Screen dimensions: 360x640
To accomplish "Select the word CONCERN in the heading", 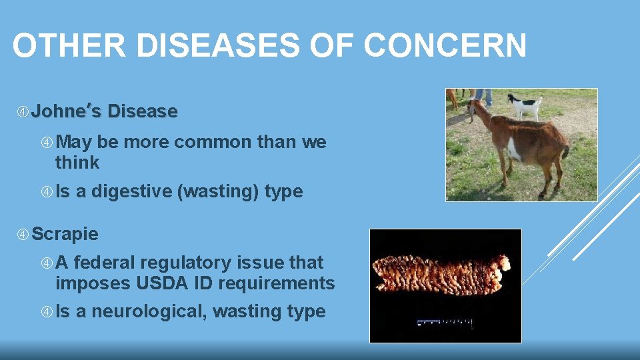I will click(x=445, y=47).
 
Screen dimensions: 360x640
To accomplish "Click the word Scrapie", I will click(x=65, y=234).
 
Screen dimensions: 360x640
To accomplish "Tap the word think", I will click(x=77, y=162).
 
